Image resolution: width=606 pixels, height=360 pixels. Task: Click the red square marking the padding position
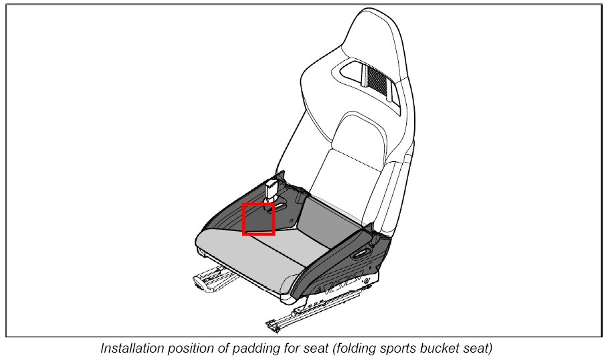click(259, 219)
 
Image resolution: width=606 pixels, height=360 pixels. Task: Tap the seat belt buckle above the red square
click(272, 190)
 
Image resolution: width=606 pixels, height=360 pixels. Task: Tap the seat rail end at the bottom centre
click(274, 325)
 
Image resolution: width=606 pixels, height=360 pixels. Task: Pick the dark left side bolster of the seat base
click(221, 214)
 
